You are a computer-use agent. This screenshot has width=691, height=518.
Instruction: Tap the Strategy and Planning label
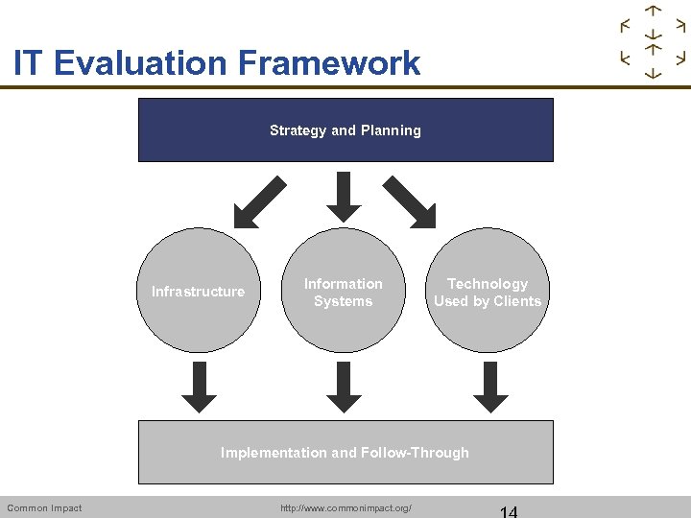(x=345, y=130)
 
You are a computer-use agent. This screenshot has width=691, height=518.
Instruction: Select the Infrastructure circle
(x=199, y=291)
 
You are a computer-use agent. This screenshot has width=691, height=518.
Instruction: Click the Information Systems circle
(x=343, y=292)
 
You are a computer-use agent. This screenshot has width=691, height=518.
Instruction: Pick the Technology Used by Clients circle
(x=487, y=292)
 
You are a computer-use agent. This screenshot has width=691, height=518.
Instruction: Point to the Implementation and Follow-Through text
(x=345, y=453)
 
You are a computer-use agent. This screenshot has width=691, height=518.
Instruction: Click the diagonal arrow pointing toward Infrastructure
(x=260, y=202)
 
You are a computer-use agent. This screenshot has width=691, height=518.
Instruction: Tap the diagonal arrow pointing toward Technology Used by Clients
(x=410, y=202)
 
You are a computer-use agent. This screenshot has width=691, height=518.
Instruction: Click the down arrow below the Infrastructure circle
(x=200, y=388)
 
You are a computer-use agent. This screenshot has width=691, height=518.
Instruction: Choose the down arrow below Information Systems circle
(x=344, y=388)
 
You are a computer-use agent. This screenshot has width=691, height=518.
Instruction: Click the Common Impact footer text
(x=44, y=507)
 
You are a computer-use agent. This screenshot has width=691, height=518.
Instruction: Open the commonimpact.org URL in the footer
(x=345, y=507)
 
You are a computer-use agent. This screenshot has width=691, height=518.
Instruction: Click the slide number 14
(x=508, y=510)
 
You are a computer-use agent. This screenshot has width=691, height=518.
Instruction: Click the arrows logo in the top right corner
(x=653, y=42)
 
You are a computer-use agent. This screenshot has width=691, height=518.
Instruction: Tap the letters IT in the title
(x=29, y=63)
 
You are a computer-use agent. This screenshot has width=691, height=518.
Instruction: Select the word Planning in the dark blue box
(x=391, y=130)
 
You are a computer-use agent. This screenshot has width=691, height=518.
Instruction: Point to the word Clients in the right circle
(x=517, y=301)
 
